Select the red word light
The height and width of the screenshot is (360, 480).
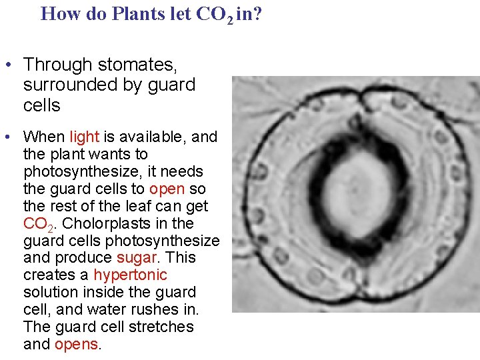(x=84, y=137)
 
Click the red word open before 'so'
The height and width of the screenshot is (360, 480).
(x=167, y=189)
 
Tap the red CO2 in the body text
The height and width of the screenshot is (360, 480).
(x=39, y=223)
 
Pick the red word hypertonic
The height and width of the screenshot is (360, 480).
(x=130, y=275)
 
